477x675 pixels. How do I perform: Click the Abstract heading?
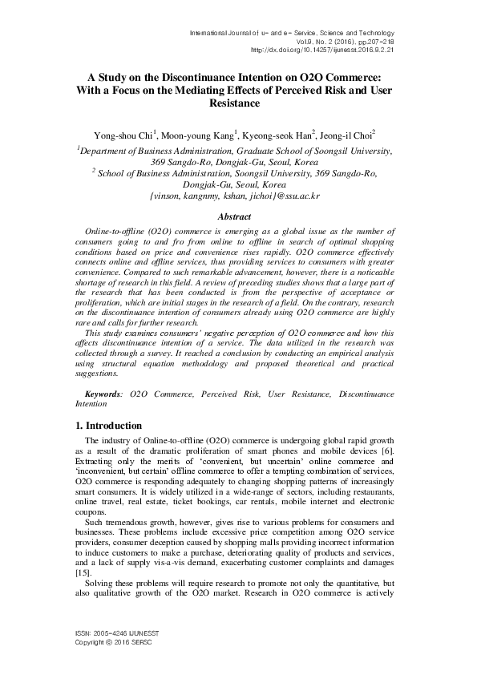pos(238,216)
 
